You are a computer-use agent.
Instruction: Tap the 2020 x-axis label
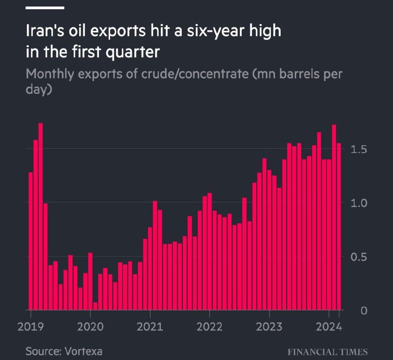point(90,327)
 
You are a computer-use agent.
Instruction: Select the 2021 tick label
point(150,327)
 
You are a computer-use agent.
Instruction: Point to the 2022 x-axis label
point(210,327)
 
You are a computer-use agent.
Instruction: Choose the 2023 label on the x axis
point(269,327)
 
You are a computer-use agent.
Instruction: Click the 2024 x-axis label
point(329,327)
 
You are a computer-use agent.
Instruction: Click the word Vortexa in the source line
point(84,351)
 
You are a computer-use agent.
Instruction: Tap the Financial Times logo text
point(327,352)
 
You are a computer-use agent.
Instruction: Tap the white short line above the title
point(45,8)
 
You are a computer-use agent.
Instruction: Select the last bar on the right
point(339,226)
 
